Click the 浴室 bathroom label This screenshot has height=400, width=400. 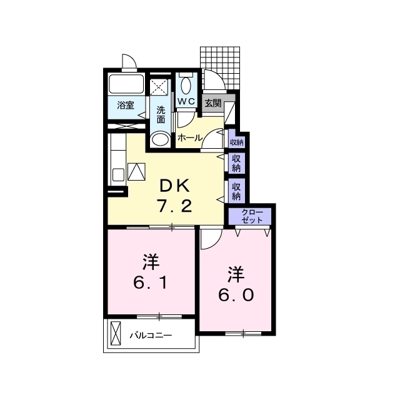pyautogui.click(x=126, y=106)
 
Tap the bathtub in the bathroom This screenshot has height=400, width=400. pyautogui.click(x=127, y=84)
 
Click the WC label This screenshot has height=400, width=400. pyautogui.click(x=186, y=101)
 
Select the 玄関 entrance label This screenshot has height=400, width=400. pyautogui.click(x=212, y=103)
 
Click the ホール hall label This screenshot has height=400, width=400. pyautogui.click(x=189, y=137)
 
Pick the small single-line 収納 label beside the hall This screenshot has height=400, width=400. pyautogui.click(x=236, y=142)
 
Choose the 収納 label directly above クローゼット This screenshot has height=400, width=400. pyautogui.click(x=236, y=191)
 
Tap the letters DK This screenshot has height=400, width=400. pyautogui.click(x=173, y=186)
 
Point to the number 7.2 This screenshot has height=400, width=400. pyautogui.click(x=173, y=206)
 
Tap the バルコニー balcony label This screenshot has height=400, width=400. pyautogui.click(x=151, y=336)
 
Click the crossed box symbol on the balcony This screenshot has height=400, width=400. pyautogui.click(x=116, y=333)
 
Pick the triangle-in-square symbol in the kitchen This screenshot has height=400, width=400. pyautogui.click(x=136, y=171)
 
